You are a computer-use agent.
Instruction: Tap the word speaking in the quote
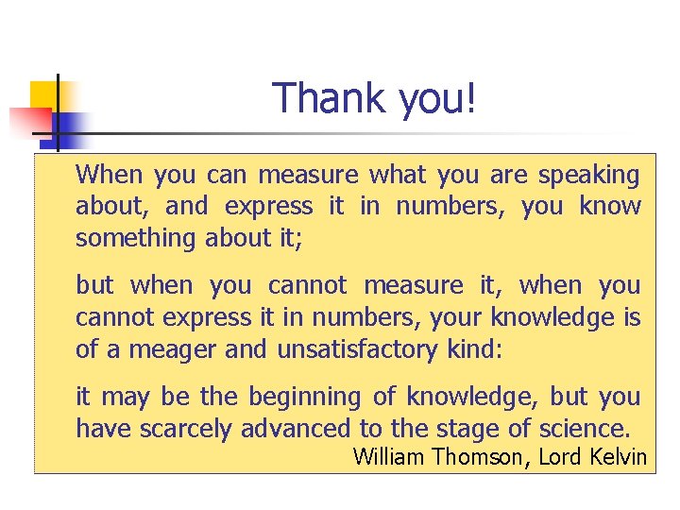coord(588,176)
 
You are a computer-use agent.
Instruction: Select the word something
coord(136,239)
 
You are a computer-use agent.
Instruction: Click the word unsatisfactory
coord(358,350)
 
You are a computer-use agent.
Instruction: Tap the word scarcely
coord(186,430)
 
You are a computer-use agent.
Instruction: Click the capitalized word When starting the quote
coord(110,176)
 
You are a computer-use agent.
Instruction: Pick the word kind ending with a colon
coord(472,350)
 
